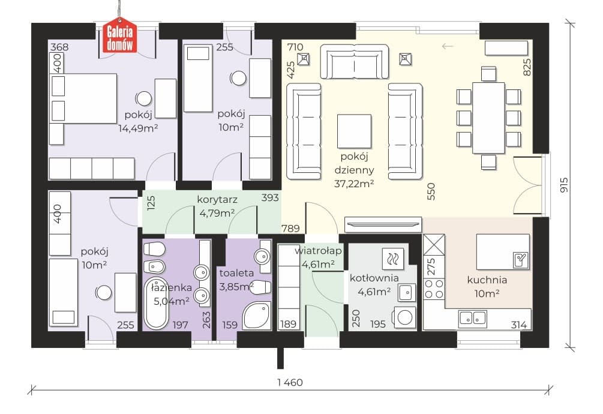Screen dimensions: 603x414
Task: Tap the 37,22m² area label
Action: click(354, 184)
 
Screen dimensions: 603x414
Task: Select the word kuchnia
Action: click(487, 280)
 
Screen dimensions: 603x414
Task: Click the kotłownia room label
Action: click(374, 278)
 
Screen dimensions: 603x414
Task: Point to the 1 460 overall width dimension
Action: click(290, 382)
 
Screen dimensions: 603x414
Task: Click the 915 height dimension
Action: click(564, 185)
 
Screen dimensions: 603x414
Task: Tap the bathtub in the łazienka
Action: click(156, 303)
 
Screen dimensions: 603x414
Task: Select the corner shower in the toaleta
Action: click(257, 315)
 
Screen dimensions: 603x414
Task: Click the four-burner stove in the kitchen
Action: click(434, 289)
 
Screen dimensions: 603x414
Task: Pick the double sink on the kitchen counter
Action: click(473, 318)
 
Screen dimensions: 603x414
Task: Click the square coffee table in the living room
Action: click(354, 131)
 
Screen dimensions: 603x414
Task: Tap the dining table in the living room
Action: click(488, 118)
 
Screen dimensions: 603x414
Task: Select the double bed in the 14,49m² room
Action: click(83, 99)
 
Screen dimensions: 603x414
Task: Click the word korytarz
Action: click(217, 200)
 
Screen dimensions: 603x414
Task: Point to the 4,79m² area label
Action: click(217, 213)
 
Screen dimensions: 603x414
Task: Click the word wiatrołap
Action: click(318, 251)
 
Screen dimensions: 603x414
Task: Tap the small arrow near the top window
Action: click(447, 47)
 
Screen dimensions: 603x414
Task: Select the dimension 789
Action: click(290, 229)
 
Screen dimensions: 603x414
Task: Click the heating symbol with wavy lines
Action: click(393, 259)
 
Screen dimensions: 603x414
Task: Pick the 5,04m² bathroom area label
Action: click(172, 301)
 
